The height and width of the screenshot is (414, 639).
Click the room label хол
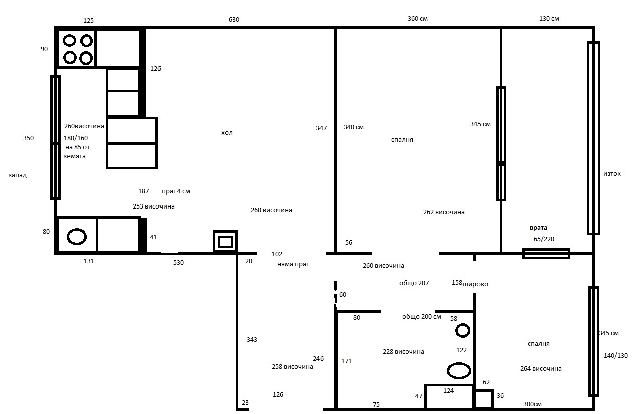coord(227,133)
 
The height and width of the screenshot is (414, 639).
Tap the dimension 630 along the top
coord(234,20)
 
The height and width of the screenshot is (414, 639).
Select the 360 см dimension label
coord(418,19)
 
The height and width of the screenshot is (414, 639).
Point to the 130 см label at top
coord(549,19)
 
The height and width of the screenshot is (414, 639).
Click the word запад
coord(18,175)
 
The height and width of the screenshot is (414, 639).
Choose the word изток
coord(612,174)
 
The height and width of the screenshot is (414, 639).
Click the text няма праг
coord(293,264)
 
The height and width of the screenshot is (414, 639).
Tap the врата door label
coord(538,228)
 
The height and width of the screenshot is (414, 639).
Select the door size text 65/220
coord(544,239)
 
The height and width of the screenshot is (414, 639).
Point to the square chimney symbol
coord(225,242)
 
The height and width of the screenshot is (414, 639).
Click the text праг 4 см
coord(176,191)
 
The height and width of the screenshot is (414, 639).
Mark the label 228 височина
coord(403,352)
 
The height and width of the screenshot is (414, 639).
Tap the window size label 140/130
coord(616,356)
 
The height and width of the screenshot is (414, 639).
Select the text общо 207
coord(414,283)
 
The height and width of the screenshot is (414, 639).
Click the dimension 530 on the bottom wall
coord(178,263)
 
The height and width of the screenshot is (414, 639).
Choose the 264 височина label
coord(541,369)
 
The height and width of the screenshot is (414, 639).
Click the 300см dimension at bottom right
coord(532,404)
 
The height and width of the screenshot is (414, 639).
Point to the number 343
coord(252,340)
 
